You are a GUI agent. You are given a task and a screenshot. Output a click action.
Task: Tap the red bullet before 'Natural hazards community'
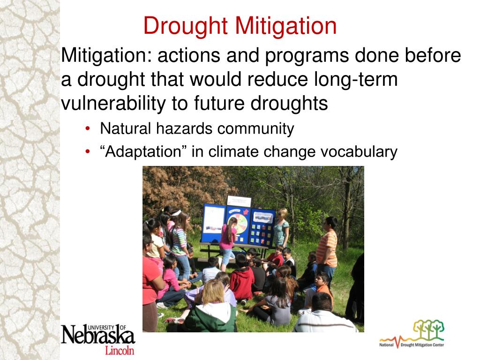(89, 129)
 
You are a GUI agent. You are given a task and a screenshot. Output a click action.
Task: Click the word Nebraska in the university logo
(97, 336)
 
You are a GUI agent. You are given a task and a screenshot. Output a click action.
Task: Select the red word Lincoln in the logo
(119, 350)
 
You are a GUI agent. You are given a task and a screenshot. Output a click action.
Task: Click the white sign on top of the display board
(239, 201)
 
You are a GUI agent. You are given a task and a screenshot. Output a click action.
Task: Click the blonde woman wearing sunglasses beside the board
(281, 227)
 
